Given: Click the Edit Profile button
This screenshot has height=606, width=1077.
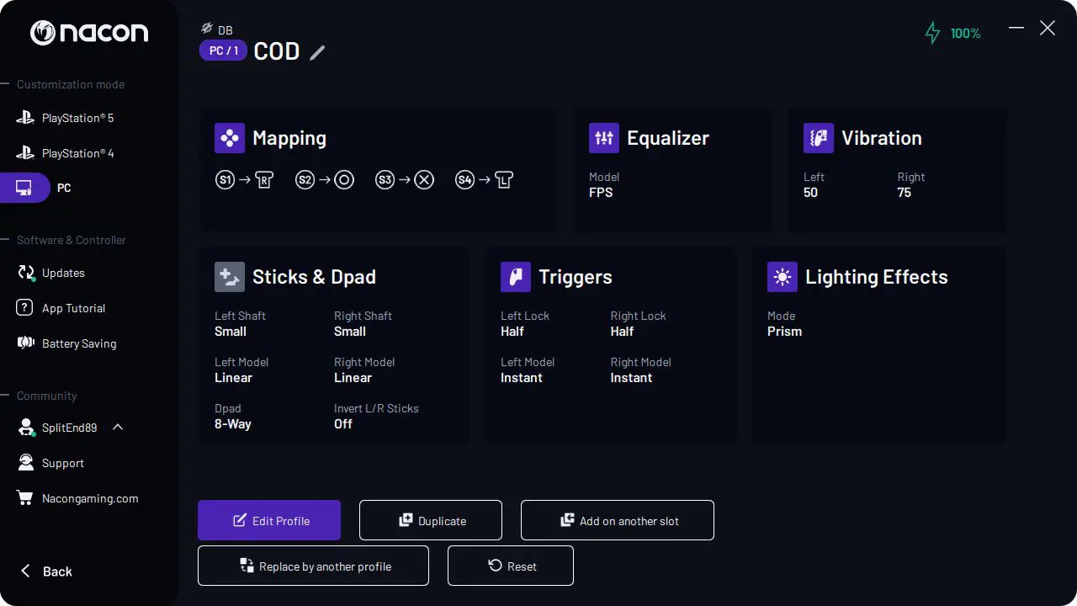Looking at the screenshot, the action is (269, 520).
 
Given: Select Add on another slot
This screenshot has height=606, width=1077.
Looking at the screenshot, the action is (618, 520).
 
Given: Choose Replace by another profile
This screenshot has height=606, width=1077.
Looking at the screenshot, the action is (313, 566).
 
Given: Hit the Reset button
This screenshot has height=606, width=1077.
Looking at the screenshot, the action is (511, 566).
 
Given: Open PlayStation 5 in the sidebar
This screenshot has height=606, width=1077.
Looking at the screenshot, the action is (77, 118).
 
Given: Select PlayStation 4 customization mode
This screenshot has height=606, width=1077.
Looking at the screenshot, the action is (77, 153).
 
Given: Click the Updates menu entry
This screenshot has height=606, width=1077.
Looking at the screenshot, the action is (63, 273).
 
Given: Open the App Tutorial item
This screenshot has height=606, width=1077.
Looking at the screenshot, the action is (73, 308).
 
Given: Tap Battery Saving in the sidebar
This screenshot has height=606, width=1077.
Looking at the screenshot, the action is (79, 343).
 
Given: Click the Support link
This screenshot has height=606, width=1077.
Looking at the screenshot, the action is (62, 463).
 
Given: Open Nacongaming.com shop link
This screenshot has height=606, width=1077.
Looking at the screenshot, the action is (89, 498).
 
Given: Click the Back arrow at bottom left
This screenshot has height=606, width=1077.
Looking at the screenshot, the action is (46, 571).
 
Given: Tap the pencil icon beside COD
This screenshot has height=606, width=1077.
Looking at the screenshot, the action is (317, 52).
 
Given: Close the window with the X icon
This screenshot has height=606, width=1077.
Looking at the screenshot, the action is (1048, 29).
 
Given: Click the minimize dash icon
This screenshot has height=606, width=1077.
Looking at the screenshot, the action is (1016, 29).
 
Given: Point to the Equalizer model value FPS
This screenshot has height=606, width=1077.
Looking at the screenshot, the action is (601, 193).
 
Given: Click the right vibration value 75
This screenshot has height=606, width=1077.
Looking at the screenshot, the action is (905, 193).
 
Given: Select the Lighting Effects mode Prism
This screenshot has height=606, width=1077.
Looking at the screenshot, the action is (784, 332).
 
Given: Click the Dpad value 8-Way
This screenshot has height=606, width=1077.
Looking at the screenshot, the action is (233, 424).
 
